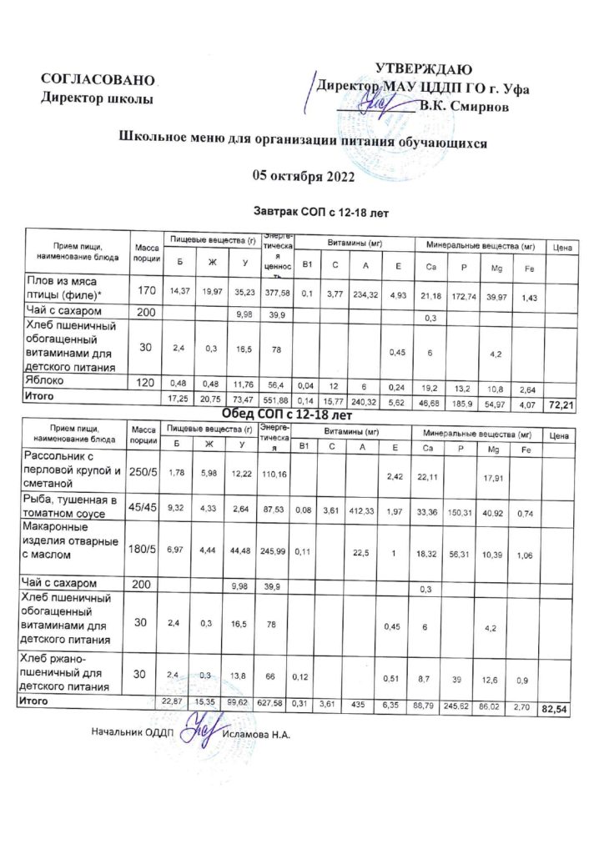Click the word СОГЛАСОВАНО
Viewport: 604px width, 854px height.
(x=99, y=79)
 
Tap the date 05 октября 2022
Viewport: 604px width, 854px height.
(x=304, y=176)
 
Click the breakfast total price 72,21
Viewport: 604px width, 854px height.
(x=559, y=404)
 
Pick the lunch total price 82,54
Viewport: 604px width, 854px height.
(x=558, y=709)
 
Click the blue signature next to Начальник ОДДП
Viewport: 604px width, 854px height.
(x=199, y=731)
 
